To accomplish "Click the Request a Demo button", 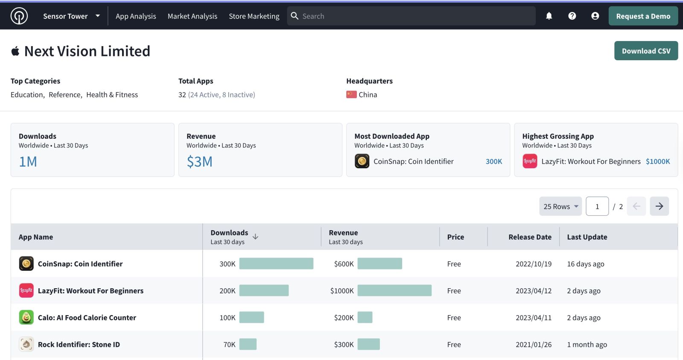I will (x=643, y=16).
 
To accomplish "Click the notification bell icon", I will (x=549, y=16).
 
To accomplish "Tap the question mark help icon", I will (x=572, y=16).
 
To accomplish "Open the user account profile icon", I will (x=595, y=16).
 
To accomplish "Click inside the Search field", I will (x=410, y=16).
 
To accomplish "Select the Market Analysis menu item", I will (x=192, y=16).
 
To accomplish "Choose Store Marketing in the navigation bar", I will (x=254, y=16).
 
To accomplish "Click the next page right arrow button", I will (x=659, y=206).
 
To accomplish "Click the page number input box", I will (x=597, y=206).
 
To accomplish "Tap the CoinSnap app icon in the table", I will (x=26, y=263).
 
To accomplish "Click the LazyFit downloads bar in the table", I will (x=264, y=290).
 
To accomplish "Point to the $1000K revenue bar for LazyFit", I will (x=394, y=290).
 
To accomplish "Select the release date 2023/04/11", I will (x=533, y=318).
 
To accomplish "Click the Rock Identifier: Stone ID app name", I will (x=79, y=345).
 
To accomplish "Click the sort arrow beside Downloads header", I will (x=255, y=237).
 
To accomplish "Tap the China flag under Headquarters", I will (x=351, y=94).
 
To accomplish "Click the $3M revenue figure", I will (x=199, y=161).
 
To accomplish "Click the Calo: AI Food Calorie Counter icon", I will (x=26, y=317).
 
